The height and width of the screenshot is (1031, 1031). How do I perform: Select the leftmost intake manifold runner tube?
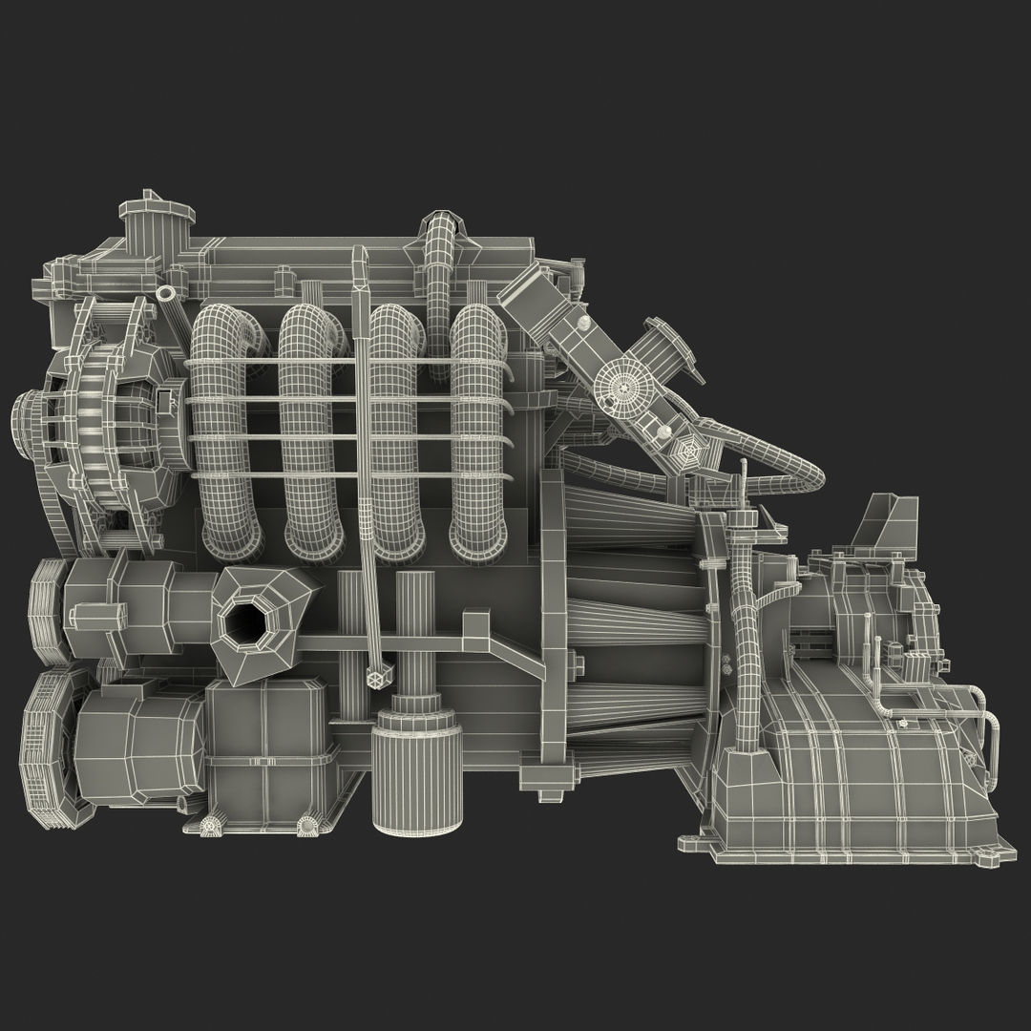point(225,430)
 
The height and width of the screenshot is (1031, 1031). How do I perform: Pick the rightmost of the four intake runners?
point(478,430)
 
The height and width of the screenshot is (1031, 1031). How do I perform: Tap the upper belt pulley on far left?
point(48,611)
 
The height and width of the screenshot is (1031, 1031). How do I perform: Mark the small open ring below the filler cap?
point(169,291)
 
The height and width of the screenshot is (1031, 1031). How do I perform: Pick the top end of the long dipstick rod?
point(361,258)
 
